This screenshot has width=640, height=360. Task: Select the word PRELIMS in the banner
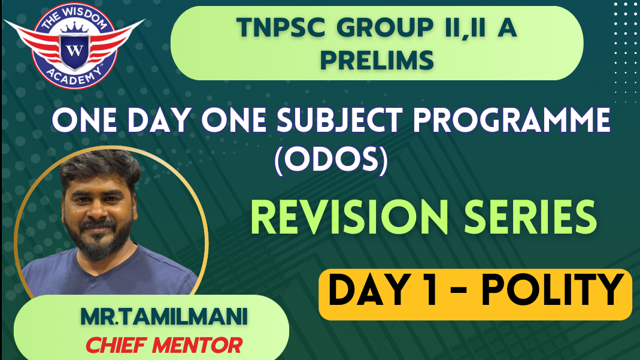pyautogui.click(x=377, y=60)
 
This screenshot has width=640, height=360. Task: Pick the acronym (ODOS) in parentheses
pyautogui.click(x=331, y=159)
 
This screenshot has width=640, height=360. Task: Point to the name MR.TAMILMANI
pyautogui.click(x=163, y=317)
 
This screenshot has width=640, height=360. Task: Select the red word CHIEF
pyautogui.click(x=116, y=345)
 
